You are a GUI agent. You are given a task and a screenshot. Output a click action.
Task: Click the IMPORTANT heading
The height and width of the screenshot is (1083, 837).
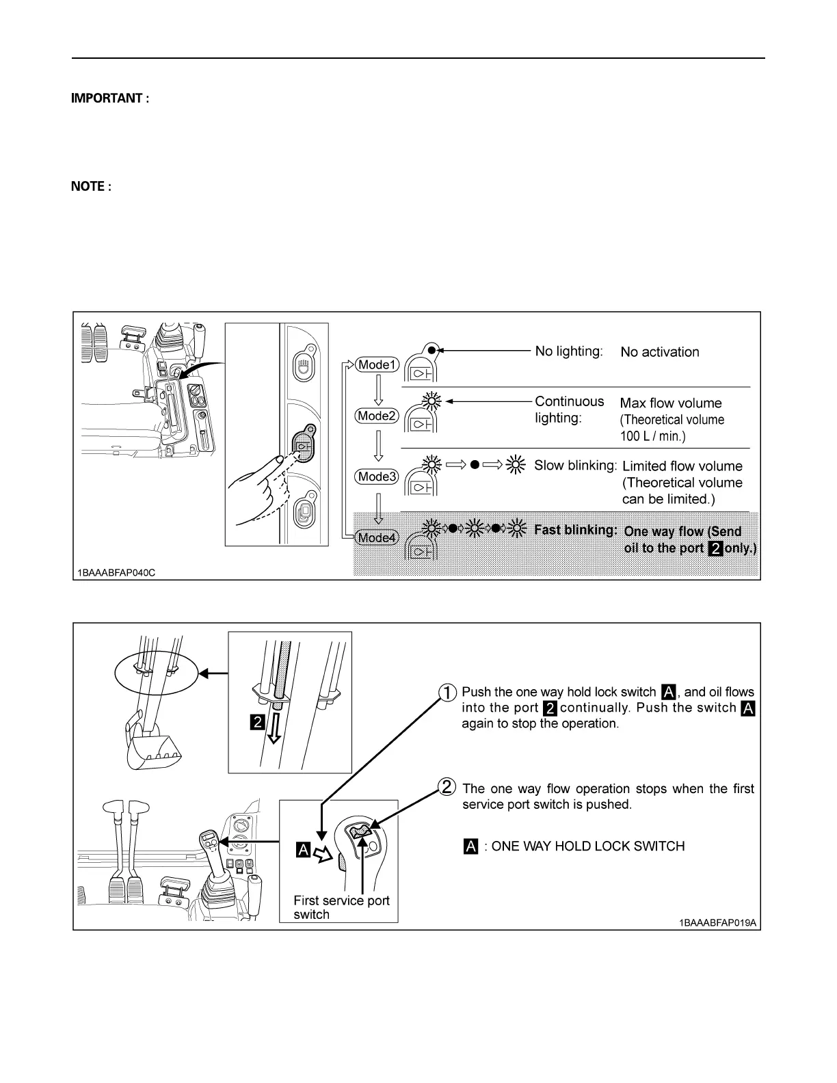pos(110,98)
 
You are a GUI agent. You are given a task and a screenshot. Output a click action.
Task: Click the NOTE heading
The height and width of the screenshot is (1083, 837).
pos(91,187)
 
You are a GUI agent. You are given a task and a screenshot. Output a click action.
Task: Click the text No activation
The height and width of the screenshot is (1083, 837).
pos(659,352)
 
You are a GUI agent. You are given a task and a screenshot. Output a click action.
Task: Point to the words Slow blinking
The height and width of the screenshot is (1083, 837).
pos(575,466)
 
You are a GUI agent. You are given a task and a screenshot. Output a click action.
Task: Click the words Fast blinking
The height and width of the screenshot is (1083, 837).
pos(575,530)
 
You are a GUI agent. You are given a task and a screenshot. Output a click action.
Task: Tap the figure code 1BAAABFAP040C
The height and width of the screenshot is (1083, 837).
pos(116,572)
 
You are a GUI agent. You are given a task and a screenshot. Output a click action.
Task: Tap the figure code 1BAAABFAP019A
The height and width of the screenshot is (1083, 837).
pos(717,923)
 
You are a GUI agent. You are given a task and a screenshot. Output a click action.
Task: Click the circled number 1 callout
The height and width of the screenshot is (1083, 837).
pos(447,693)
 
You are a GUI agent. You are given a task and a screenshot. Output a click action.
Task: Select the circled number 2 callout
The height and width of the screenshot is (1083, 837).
pos(447,788)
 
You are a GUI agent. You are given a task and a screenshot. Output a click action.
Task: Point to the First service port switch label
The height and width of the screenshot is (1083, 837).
pos(341,907)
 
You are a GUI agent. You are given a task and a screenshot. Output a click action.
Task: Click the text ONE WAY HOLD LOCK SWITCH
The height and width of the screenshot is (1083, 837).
pos(587,846)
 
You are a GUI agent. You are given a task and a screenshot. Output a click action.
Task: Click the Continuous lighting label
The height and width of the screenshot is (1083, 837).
pos(569,410)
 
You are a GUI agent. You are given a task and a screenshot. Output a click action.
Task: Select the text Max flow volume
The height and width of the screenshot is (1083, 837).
pos(670,403)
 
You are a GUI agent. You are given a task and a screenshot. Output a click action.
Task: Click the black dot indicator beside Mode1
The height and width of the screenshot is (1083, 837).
pos(431,351)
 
